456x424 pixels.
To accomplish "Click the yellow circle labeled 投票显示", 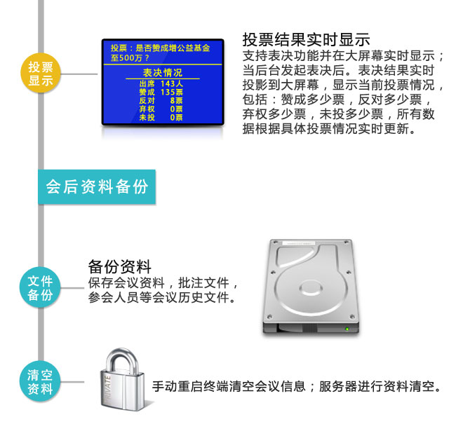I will [x=41, y=74].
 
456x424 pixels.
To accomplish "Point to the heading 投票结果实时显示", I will [x=307, y=39].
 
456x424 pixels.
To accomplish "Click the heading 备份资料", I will [x=120, y=266].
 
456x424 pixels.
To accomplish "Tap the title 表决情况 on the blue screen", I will [x=162, y=73].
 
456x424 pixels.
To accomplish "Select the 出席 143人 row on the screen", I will [x=161, y=83].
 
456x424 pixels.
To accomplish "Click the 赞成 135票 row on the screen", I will [x=161, y=92].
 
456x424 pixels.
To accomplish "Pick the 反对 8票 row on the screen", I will [x=161, y=100].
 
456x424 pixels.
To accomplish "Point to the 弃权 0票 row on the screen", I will [x=161, y=109].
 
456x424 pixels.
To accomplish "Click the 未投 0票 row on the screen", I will [x=161, y=117].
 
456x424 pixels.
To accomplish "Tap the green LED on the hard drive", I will [x=347, y=329].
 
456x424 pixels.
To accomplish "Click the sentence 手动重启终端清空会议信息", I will [x=232, y=386].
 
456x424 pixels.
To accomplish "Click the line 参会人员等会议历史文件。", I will [x=161, y=298].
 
